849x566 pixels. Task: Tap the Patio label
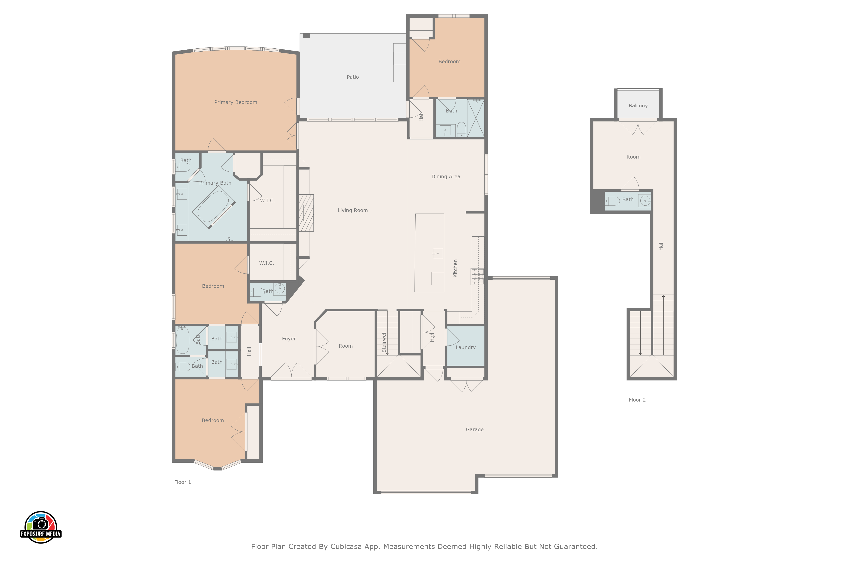pyautogui.click(x=353, y=77)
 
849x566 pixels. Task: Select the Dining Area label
pyautogui.click(x=446, y=177)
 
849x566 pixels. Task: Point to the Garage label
pyautogui.click(x=475, y=430)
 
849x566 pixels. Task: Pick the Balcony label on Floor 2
pyautogui.click(x=638, y=106)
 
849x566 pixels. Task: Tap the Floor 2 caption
pyautogui.click(x=637, y=400)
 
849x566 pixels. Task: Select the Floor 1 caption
pyautogui.click(x=183, y=482)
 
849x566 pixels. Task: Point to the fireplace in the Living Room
pyautogui.click(x=306, y=213)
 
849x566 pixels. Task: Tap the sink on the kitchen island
pyautogui.click(x=438, y=253)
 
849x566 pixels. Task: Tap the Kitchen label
pyautogui.click(x=455, y=268)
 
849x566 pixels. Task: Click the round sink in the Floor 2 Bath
pyautogui.click(x=645, y=200)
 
